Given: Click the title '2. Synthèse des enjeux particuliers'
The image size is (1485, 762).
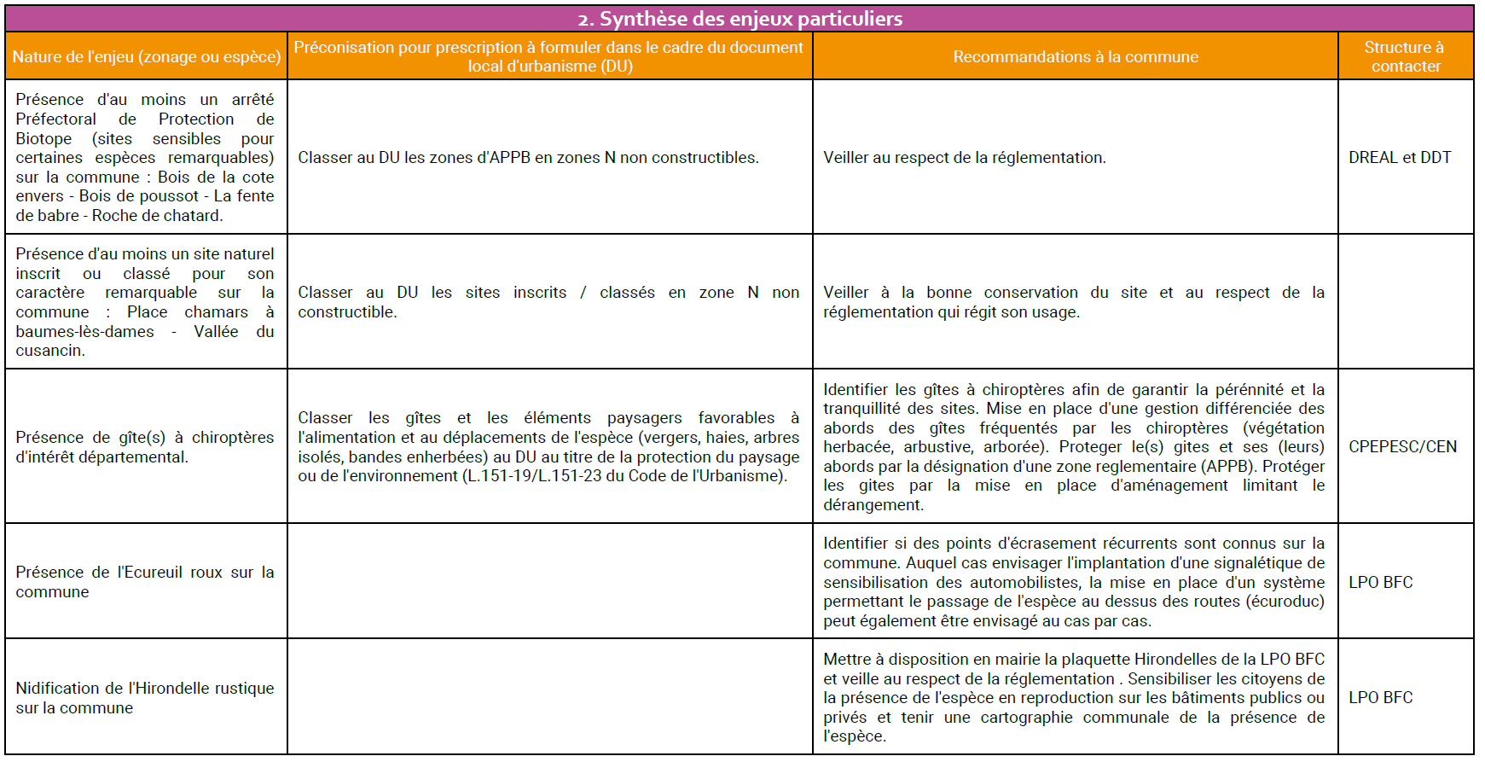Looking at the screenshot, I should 740,19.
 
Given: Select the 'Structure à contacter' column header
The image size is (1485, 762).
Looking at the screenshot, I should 1405,56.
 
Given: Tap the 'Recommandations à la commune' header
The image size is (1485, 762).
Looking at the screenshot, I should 1075,56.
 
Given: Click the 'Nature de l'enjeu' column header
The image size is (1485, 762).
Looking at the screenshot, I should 146,56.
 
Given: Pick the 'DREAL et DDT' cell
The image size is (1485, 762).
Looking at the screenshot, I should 1399,157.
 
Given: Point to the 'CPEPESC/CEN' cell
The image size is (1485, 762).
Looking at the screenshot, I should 1402,446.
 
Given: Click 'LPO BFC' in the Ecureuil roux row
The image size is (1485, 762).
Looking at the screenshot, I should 1380,582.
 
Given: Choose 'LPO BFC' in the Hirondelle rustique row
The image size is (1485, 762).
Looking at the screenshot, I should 1380,697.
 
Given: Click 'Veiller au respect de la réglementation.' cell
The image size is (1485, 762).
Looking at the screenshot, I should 964,157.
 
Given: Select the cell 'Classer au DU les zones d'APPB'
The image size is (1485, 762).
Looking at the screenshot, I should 528,157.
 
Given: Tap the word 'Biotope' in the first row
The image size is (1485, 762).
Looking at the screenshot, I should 44,138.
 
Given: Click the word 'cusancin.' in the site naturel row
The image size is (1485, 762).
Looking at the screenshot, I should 50,351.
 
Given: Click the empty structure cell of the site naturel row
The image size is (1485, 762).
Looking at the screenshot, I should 1405,301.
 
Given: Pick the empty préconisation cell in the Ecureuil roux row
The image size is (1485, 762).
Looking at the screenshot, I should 549,581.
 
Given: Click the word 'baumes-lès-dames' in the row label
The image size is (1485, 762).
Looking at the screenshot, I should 84,331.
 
